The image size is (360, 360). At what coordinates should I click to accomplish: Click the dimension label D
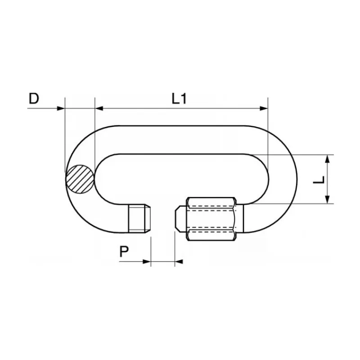pyautogui.click(x=34, y=99)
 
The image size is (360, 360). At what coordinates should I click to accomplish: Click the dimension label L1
pyautogui.click(x=179, y=99)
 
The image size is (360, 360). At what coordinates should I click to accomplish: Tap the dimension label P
pyautogui.click(x=124, y=252)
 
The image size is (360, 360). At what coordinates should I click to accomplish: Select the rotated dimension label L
pyautogui.click(x=319, y=180)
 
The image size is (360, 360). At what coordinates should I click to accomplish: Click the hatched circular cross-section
pyautogui.click(x=80, y=179)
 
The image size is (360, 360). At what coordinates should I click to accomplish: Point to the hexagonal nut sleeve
pyautogui.click(x=211, y=219)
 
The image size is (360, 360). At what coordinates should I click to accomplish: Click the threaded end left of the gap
pyautogui.click(x=139, y=219)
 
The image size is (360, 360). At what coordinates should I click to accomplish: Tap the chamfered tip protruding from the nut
pyautogui.click(x=181, y=219)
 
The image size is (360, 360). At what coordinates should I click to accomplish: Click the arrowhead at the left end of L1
pyautogui.click(x=99, y=108)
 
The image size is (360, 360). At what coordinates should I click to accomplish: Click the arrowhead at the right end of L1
pyautogui.click(x=264, y=108)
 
